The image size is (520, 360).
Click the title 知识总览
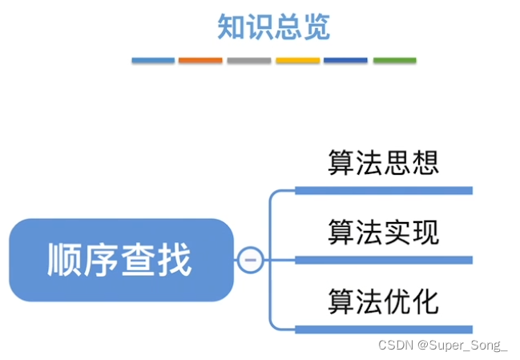273,27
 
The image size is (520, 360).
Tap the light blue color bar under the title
153,60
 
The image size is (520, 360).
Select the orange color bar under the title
200,60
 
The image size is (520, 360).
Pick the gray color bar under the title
248,60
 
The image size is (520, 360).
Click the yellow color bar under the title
297,60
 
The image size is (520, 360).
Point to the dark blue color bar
345,60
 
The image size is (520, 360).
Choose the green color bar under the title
394,60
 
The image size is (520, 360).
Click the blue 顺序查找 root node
120,260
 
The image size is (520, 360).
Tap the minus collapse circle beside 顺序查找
250,260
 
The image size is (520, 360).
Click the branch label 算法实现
383,233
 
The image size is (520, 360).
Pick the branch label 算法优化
383,302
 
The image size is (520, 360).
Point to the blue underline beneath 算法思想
384,190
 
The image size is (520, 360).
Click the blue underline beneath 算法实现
384,260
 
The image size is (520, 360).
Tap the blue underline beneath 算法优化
384,329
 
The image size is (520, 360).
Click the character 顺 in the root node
65,260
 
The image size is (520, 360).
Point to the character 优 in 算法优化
397,302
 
